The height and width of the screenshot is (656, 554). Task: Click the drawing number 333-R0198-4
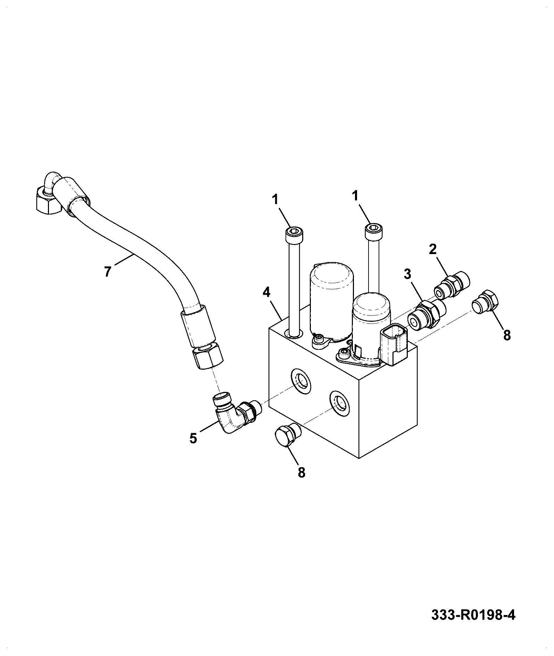click(x=473, y=615)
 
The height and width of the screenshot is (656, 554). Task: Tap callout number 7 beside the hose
click(x=107, y=271)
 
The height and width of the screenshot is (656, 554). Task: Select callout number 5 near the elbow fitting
click(x=193, y=438)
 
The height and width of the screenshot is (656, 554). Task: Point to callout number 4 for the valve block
click(x=266, y=292)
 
